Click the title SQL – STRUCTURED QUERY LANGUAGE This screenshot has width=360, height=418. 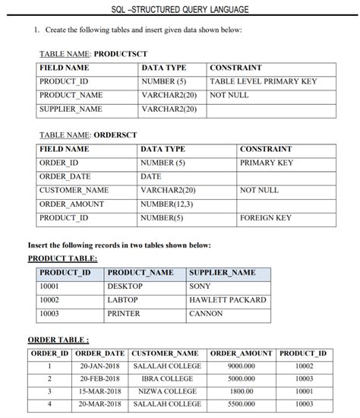click(179, 9)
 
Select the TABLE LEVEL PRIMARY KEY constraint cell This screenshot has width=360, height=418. click(262, 82)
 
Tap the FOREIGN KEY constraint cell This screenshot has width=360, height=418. click(266, 218)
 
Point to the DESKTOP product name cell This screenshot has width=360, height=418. click(125, 287)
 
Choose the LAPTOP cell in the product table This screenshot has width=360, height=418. click(123, 300)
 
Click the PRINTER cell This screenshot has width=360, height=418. click(124, 313)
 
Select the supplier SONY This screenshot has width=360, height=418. click(200, 287)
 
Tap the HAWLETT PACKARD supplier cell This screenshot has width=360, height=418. click(227, 300)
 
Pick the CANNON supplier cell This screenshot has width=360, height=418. click(206, 313)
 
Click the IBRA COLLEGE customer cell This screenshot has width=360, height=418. click(166, 378)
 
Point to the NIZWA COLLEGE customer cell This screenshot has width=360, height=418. click(166, 391)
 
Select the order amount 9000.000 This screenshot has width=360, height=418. click(241, 366)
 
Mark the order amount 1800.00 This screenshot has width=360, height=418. click(241, 391)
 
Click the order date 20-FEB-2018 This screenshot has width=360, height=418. click(101, 378)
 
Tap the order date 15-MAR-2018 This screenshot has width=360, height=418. click(101, 391)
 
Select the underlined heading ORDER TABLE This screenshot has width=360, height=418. click(57, 339)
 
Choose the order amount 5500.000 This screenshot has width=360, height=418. click(241, 404)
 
